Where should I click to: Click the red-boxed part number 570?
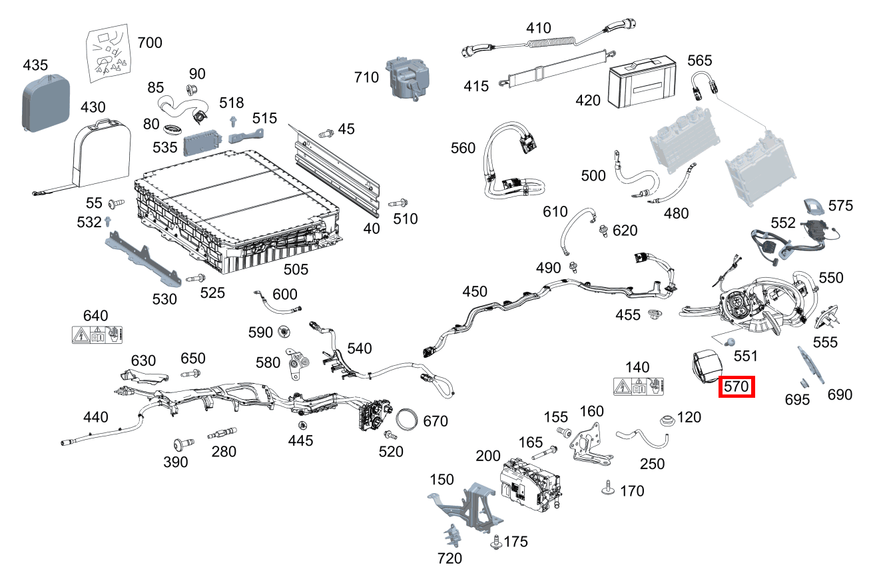pos(736,386)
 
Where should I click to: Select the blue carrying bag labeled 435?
pos(44,101)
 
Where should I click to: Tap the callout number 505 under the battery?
pos(296,269)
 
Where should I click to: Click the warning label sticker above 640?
pos(97,334)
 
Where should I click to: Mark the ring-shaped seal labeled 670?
pos(410,421)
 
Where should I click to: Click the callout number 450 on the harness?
pos(475,292)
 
